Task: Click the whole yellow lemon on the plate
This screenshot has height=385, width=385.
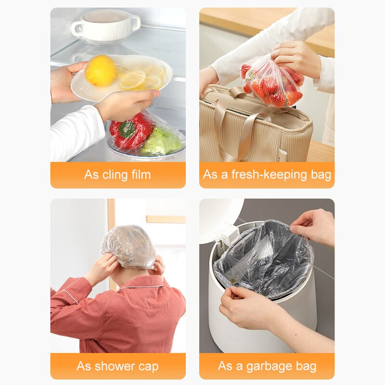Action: click(101, 70)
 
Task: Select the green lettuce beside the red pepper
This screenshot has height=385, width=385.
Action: click(162, 142)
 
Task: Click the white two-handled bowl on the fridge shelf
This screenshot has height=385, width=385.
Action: click(106, 26)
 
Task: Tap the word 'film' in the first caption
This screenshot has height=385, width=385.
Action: click(141, 175)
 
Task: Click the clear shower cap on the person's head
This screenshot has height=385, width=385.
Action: click(128, 247)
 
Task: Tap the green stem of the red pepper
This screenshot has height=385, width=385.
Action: click(127, 129)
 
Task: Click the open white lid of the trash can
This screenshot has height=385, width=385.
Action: click(221, 218)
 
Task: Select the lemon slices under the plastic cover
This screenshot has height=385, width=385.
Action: click(142, 78)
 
